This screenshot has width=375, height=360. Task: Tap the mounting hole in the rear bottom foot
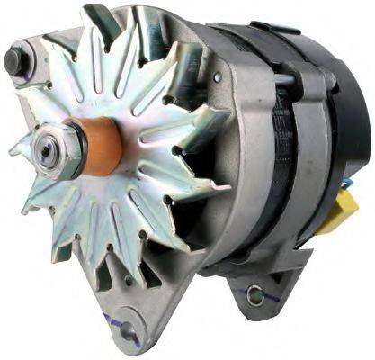tap(258, 294)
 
